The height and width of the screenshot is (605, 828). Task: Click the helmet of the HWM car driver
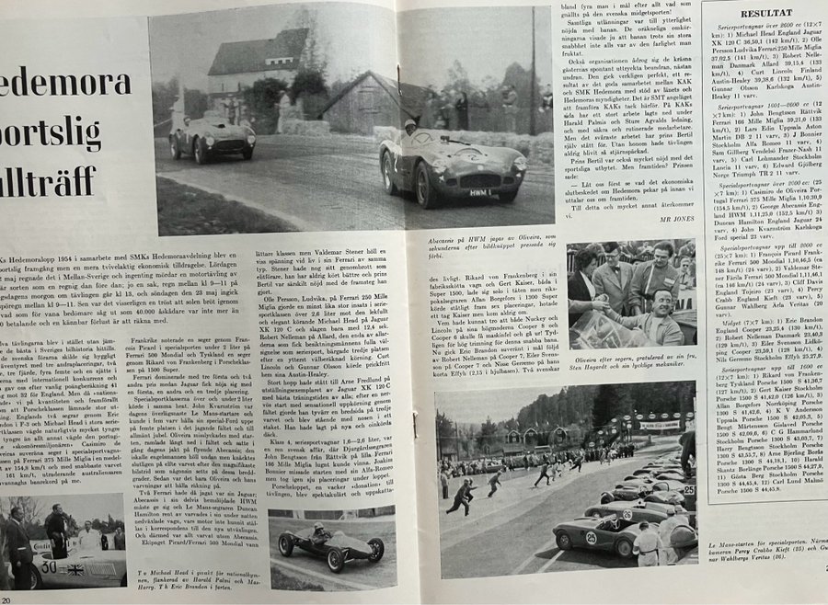[410, 128]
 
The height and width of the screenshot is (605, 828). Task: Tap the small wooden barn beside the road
[358, 101]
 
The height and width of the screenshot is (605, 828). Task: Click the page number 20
[6, 597]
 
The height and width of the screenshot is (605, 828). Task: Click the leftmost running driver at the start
[460, 497]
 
